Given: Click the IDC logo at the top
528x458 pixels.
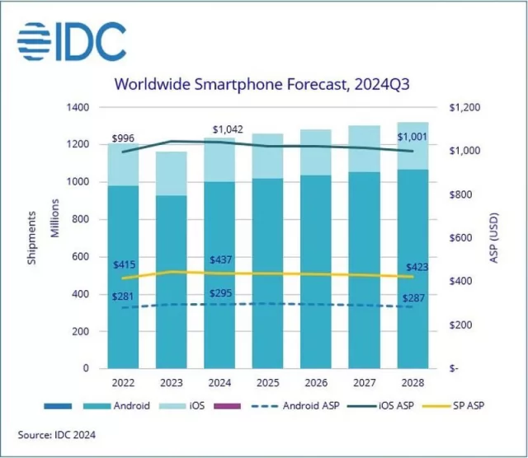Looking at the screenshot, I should tap(72, 42).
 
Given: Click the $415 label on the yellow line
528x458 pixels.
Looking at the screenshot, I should tap(125, 264).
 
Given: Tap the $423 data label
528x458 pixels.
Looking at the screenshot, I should tap(414, 265).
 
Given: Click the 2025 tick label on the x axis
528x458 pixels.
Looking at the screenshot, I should tap(266, 382).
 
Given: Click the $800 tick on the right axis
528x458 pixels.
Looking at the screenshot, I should tap(464, 194).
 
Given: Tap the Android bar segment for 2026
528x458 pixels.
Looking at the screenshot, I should tap(316, 272).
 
